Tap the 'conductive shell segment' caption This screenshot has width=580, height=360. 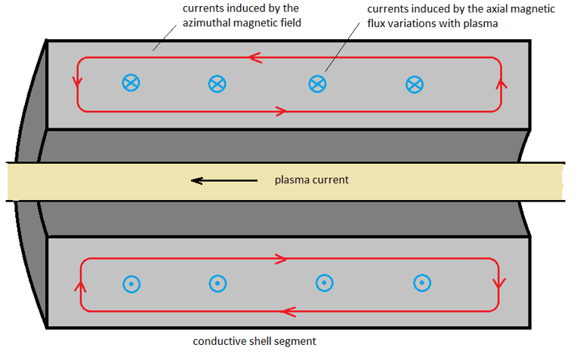[x=255, y=341]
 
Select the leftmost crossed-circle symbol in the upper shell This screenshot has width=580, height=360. [x=131, y=83]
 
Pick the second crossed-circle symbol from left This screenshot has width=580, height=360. [x=217, y=84]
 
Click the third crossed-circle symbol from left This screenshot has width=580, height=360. [x=318, y=84]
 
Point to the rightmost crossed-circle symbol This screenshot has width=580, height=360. [x=415, y=85]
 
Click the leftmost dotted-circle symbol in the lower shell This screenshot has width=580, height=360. [x=131, y=284]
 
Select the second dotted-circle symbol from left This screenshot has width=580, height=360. [x=217, y=284]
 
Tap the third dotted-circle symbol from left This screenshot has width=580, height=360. [x=324, y=282]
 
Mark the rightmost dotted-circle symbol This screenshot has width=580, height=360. [x=422, y=283]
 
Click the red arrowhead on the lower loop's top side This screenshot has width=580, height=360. [x=282, y=259]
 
